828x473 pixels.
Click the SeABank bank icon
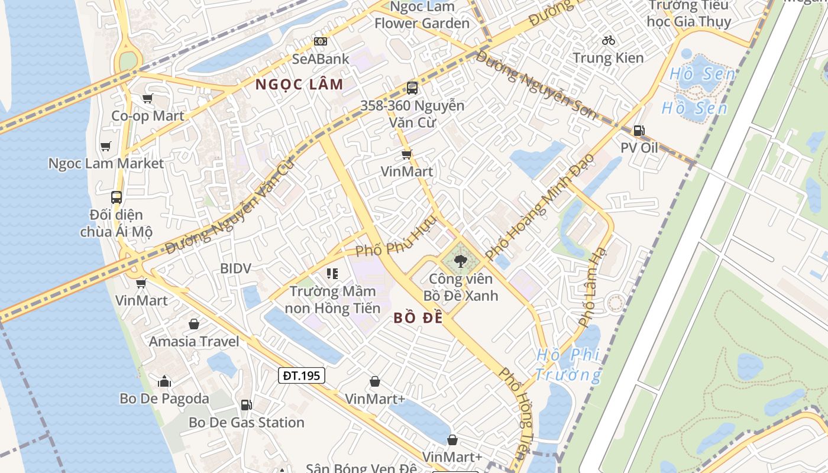320,41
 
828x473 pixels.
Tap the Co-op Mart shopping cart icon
147,98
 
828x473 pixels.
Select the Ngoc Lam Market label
106,163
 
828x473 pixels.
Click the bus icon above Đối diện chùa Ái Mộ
117,197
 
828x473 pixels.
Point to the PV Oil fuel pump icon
639,131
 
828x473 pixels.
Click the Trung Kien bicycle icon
608,40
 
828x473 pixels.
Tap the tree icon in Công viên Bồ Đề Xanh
460,260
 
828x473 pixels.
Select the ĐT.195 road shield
302,375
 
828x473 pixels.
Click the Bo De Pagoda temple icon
164,381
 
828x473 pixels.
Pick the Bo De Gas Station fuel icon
246,405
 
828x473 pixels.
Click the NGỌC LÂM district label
299,85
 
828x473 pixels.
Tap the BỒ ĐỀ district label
418,318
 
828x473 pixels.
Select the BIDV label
235,268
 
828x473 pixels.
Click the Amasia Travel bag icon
193,324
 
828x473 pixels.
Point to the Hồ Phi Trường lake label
568,365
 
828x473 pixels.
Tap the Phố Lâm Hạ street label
593,287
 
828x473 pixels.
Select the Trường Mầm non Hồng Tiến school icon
332,273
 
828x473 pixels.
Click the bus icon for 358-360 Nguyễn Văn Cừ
412,88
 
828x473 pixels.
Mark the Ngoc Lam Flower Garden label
422,15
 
